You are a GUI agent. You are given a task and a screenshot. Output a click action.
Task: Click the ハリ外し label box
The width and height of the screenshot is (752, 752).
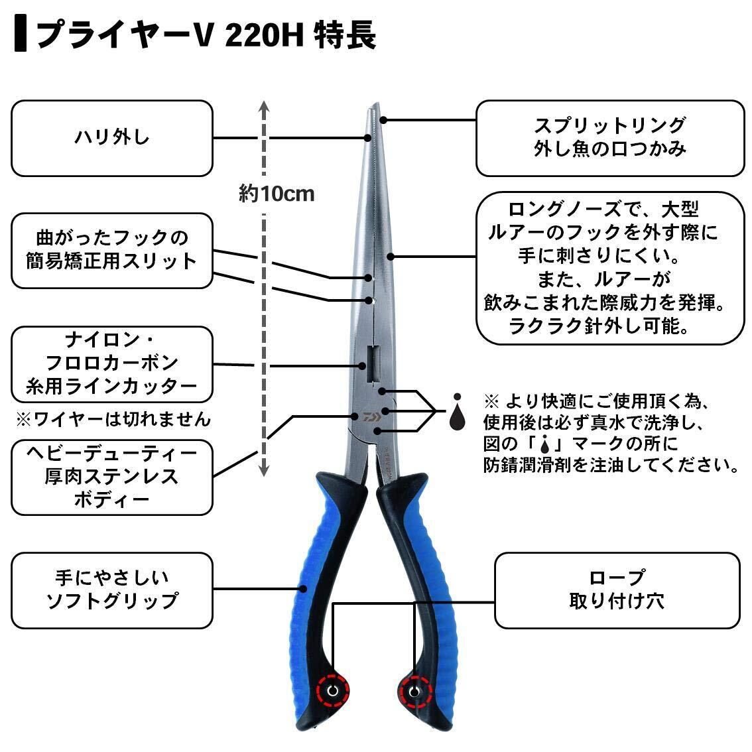111,138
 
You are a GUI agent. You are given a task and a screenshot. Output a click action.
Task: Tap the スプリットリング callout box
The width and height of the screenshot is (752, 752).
609,138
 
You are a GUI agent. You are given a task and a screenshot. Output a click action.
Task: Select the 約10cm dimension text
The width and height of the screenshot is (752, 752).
276,194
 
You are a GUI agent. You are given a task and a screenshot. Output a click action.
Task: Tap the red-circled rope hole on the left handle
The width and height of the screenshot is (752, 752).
332,692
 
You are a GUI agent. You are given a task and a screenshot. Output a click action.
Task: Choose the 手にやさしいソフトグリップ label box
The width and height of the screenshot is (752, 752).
111,590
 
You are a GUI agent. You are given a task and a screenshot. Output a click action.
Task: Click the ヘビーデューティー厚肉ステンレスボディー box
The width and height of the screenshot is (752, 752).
111,476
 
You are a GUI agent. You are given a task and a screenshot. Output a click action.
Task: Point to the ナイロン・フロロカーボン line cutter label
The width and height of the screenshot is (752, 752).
111,363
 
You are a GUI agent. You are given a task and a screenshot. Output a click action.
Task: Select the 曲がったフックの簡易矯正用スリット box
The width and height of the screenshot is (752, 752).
111,250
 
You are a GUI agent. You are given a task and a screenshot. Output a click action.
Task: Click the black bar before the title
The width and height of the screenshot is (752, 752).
22,35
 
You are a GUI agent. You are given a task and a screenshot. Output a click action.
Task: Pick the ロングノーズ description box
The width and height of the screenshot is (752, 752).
609,268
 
